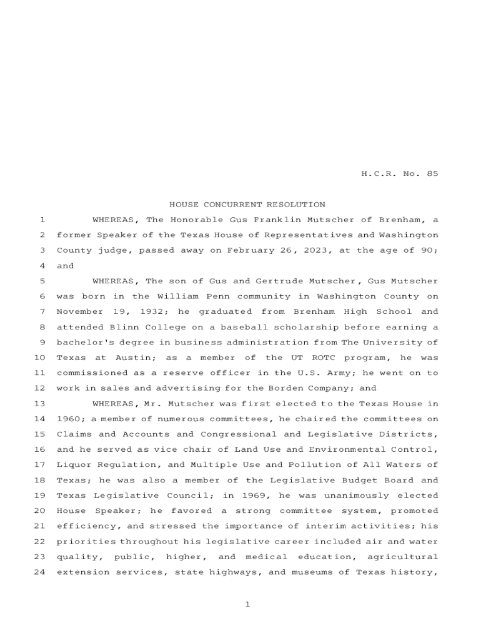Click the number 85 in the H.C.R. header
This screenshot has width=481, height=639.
pos(432,174)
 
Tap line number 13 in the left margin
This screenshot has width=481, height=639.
pos(41,404)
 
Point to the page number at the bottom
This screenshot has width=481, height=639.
pos(247,604)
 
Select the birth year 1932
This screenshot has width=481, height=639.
pos(148,312)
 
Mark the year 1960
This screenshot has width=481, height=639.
pos(70,419)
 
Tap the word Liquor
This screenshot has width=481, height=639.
pos(72,465)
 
